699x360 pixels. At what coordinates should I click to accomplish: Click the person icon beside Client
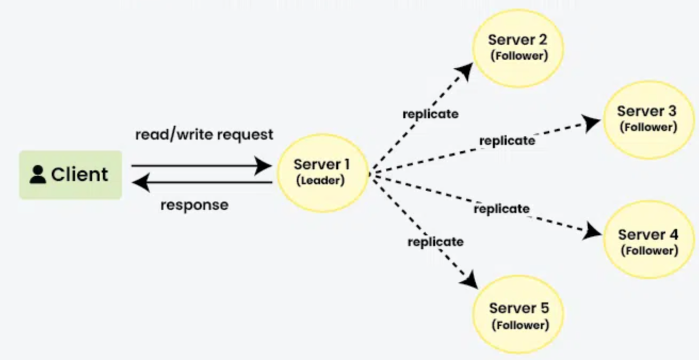click(38, 175)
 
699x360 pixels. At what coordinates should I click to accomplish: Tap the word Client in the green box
click(79, 175)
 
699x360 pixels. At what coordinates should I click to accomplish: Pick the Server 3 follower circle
click(648, 119)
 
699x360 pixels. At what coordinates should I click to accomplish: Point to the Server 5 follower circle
click(519, 315)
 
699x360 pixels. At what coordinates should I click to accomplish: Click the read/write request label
click(204, 134)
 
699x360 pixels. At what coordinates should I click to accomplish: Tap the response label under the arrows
click(194, 204)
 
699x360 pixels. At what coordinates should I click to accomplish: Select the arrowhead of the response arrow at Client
click(140, 183)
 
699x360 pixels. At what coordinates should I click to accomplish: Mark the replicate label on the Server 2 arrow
click(430, 114)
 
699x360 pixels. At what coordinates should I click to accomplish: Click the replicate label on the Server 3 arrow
click(507, 141)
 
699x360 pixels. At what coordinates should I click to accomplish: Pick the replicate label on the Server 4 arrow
click(501, 209)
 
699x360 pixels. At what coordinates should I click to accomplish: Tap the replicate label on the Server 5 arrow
click(435, 242)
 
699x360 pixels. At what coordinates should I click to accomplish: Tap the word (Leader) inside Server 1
click(320, 181)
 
